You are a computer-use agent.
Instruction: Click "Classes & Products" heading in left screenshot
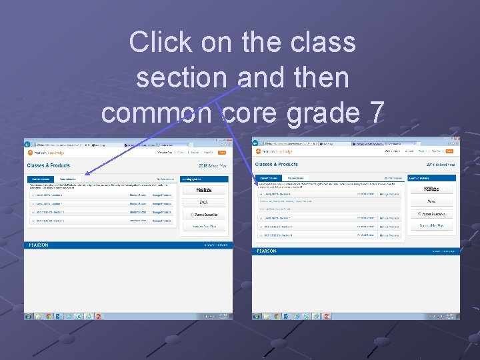tap(49, 165)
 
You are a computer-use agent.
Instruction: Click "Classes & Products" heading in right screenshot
tap(277, 164)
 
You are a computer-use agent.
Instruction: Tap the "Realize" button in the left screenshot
tap(204, 189)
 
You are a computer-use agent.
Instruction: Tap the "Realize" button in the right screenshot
tap(431, 189)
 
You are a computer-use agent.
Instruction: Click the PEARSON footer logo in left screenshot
tap(39, 245)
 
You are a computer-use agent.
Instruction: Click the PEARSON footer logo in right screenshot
tap(267, 251)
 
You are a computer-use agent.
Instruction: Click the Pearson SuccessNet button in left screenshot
tap(204, 215)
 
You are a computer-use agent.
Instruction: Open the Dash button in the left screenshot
tap(204, 202)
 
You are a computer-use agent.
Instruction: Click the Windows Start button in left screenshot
tap(29, 316)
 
